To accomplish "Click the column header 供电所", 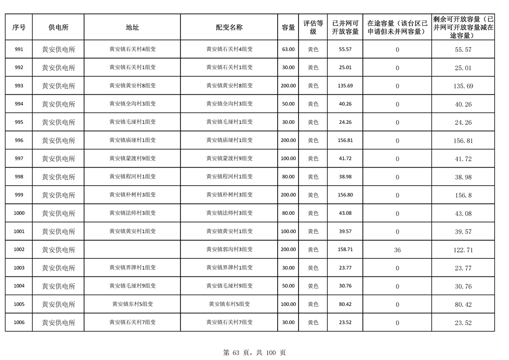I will pos(58,27).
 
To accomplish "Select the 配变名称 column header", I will pos(229,27).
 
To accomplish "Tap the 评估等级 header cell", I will pos(313,27).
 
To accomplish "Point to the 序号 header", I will pos(19,27).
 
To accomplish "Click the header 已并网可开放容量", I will pos(345,27).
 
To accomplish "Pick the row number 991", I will pos(19,49).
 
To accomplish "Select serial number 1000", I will pos(19,213).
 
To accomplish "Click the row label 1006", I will pos(19,323).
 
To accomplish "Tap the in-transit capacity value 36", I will pos(397,250).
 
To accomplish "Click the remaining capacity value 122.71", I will pos(463,250).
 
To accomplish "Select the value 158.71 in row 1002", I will pos(345,250).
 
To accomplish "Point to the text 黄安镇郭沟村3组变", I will pos(229,250).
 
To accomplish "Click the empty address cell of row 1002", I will pos(132,250).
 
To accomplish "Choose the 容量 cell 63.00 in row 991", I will pos(288,49).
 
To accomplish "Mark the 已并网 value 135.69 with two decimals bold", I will pos(345,86).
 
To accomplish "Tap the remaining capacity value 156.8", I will pos(463,195).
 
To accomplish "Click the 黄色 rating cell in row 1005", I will pos(313,304).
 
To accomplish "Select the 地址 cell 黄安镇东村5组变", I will pos(132,304).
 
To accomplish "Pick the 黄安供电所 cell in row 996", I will pos(59,141).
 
